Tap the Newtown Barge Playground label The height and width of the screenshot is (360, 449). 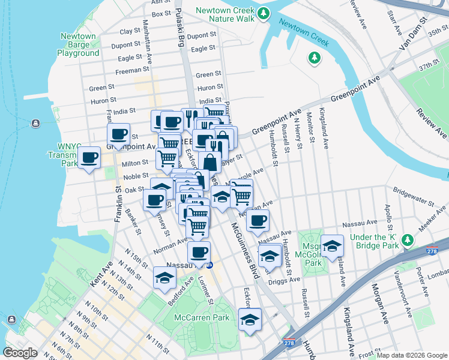[x=78, y=45]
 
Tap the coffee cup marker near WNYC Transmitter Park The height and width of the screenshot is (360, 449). [x=89, y=158]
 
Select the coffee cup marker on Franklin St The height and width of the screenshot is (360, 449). [x=118, y=134]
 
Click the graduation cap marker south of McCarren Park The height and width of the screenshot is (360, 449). [x=250, y=319]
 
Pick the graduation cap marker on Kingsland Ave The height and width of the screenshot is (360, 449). [x=332, y=245]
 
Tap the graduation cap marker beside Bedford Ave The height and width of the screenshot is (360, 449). [x=164, y=278]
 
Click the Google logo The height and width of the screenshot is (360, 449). [x=21, y=353]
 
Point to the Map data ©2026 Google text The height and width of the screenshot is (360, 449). [x=412, y=355]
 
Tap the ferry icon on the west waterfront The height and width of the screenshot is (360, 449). [x=36, y=124]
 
